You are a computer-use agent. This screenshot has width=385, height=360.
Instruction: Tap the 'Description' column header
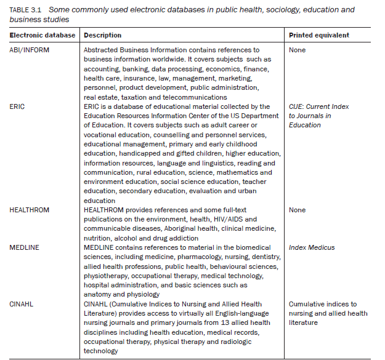pos(102,35)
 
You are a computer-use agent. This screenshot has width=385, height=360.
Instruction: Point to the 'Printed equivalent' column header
pos(318,35)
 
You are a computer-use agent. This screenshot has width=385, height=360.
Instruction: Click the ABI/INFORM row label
pos(28,50)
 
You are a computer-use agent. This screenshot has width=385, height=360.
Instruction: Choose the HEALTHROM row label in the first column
pos(30,210)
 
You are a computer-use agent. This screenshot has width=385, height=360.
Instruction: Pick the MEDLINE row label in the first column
pos(25,247)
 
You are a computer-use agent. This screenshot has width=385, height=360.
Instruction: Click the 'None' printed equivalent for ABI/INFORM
pos(297,50)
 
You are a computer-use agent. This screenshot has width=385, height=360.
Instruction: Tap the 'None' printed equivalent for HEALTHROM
pos(297,210)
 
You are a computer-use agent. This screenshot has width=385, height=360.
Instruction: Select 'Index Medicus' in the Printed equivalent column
pos(312,247)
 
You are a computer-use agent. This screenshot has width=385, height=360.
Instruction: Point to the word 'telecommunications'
pos(196,97)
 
